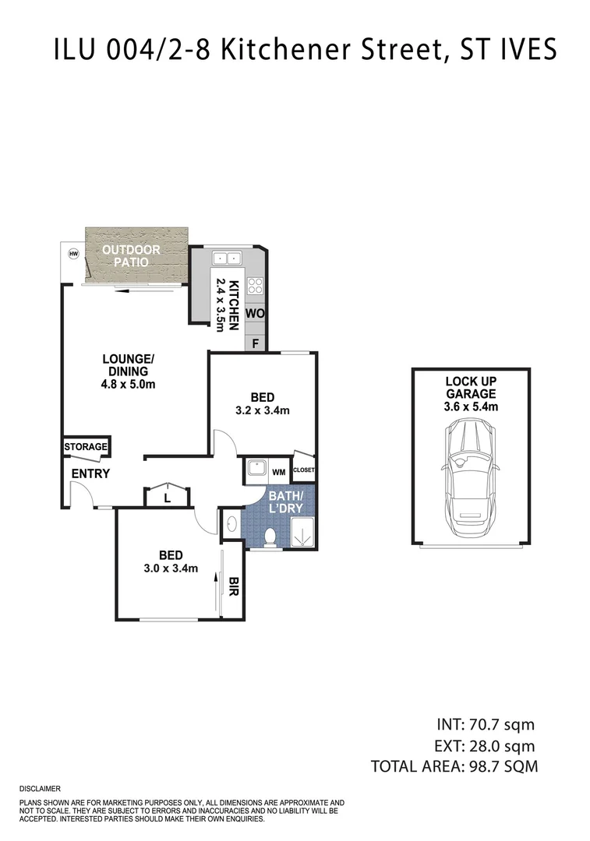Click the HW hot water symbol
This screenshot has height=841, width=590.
pos(74,253)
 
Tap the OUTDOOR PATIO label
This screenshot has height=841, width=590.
pos(132,255)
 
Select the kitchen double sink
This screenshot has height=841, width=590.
pos(228,258)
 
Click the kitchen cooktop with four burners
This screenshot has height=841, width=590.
pos(255,286)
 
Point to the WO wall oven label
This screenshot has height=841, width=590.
pos(255,313)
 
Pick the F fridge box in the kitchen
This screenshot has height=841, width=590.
pos(256,342)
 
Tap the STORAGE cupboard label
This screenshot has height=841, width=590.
pos(86,447)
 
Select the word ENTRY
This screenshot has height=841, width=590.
pos(90,473)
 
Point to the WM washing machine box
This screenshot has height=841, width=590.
pos(278,472)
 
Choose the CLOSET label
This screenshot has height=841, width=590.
pos(304,470)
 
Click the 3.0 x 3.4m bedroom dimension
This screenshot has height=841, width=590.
pos(171,568)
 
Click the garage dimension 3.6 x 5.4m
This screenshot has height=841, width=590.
pos(471,406)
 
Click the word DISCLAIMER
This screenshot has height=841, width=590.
pos(40,789)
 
